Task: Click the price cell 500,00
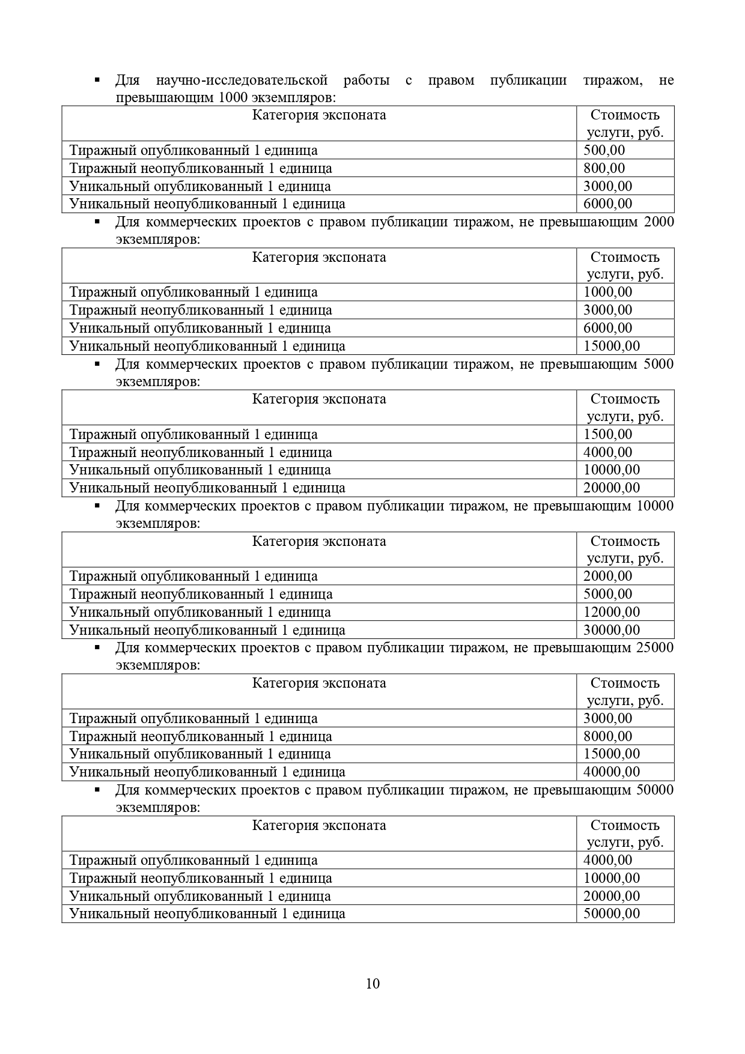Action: coord(604,150)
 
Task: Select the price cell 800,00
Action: coord(604,168)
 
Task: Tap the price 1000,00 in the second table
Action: coord(607,292)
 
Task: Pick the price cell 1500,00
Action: coord(607,434)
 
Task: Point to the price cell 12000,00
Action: coord(611,612)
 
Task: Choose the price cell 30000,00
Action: coord(611,630)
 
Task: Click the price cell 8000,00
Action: coord(607,736)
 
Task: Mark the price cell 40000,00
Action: coord(611,772)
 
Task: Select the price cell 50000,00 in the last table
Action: coord(611,913)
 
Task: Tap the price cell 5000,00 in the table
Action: coord(607,594)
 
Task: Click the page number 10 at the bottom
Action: coord(372,983)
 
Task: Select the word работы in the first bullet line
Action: coord(366,80)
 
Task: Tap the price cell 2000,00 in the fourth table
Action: coord(607,576)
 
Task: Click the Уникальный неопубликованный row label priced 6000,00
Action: coord(207,204)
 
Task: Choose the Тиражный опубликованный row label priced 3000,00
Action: coord(193,718)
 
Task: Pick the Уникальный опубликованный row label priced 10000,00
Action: coord(200,470)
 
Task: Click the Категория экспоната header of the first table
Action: coord(318,115)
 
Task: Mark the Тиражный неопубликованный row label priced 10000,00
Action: coord(201,878)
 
